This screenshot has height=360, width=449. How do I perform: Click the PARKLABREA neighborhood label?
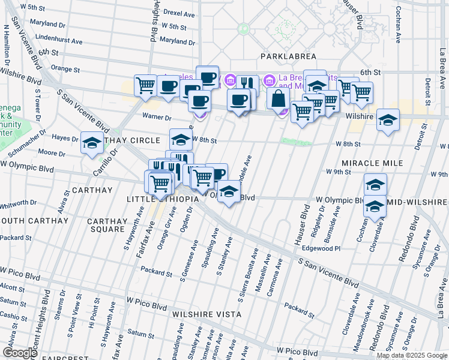[283, 56]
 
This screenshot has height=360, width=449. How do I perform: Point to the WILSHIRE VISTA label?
[206, 314]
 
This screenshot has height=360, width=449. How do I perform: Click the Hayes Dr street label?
[66, 139]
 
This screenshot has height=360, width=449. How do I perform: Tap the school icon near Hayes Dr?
[92, 143]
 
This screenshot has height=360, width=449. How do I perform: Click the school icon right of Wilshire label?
[388, 121]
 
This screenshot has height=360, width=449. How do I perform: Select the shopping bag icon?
[279, 98]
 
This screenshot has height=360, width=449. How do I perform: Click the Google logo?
[20, 353]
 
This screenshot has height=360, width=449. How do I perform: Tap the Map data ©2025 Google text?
[411, 355]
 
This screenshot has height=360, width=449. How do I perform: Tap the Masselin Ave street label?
[260, 277]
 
